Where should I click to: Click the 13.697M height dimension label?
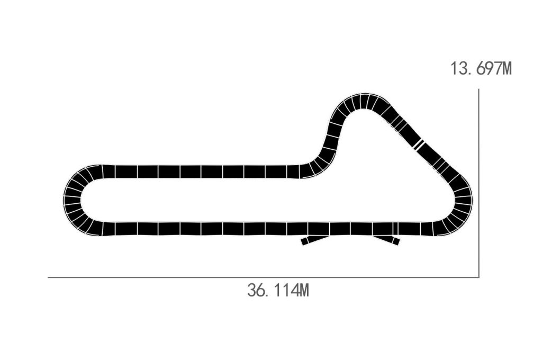click(x=481, y=68)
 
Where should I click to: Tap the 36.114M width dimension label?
click(x=277, y=290)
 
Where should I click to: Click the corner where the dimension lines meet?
click(x=478, y=277)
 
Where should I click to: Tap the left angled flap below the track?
click(x=314, y=239)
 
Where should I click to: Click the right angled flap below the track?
click(x=386, y=239)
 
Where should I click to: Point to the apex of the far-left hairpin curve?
click(x=65, y=200)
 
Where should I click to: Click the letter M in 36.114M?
click(x=302, y=290)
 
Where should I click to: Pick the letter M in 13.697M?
click(x=506, y=68)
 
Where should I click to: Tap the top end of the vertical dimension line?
click(x=478, y=89)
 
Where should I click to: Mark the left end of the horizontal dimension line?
click(x=49, y=277)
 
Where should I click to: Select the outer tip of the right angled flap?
click(x=397, y=242)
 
